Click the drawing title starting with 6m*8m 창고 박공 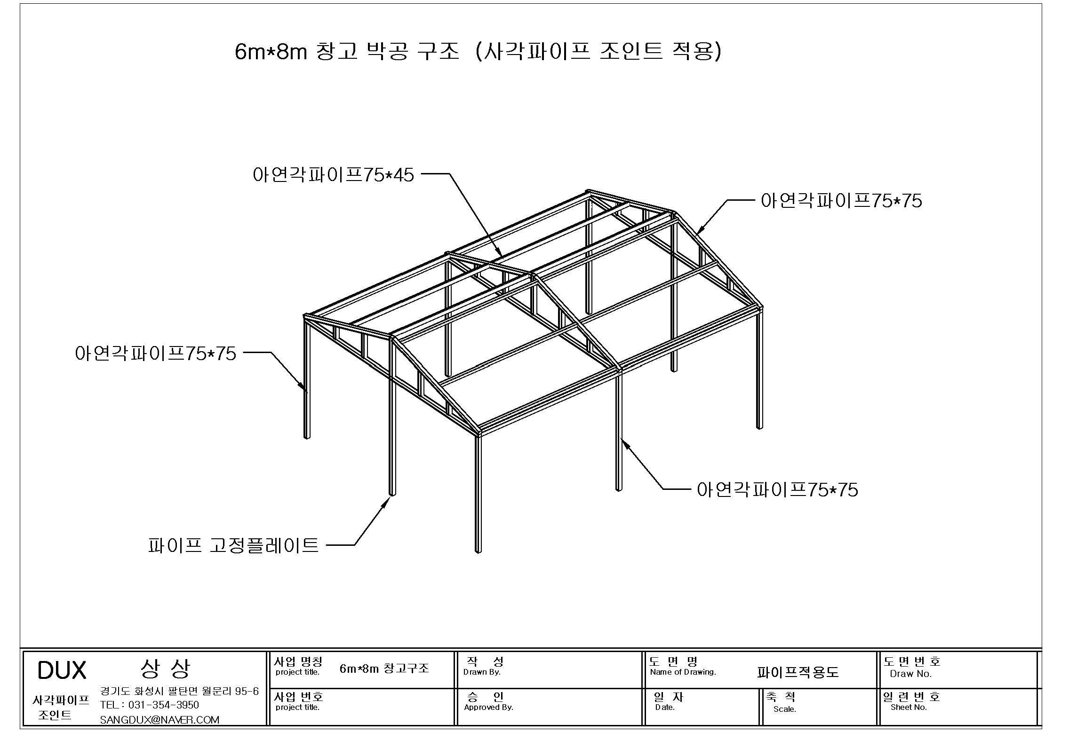point(478,52)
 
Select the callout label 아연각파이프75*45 point(333,175)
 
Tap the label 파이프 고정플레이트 point(233,545)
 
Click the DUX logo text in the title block point(62,670)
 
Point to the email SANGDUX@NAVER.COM point(160,720)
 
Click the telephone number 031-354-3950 point(163,705)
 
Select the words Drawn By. point(482,672)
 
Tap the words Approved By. point(488,707)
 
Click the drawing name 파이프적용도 point(798,672)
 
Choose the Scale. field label point(784,709)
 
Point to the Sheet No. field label point(909,707)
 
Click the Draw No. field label point(910,674)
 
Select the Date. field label point(665,707)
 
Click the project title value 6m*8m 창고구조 point(384,669)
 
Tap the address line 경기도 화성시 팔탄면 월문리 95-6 point(179,691)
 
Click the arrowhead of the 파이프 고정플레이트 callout point(386,503)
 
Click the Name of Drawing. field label point(683,672)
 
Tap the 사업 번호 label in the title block point(298,697)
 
